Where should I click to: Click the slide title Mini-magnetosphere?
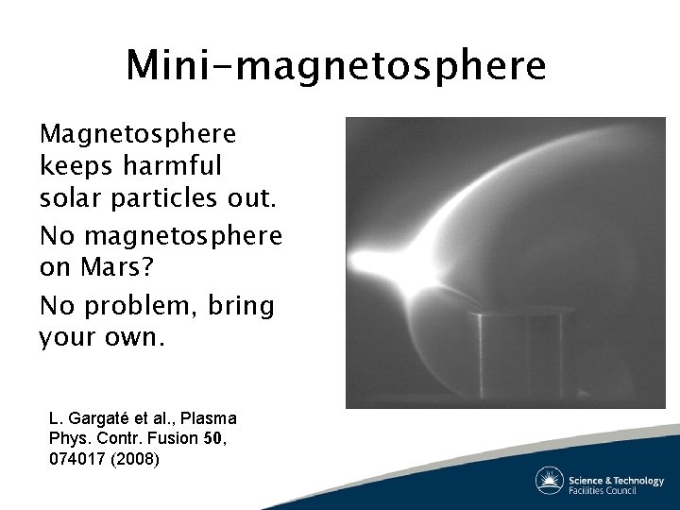pyautogui.click(x=335, y=65)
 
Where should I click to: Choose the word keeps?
pyautogui.click(x=72, y=167)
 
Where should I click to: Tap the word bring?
pyautogui.click(x=245, y=305)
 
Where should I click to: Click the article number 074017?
pyautogui.click(x=77, y=460)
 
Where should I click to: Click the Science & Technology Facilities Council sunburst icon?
pyautogui.click(x=550, y=480)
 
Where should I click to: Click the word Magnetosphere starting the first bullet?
pyautogui.click(x=137, y=133)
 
